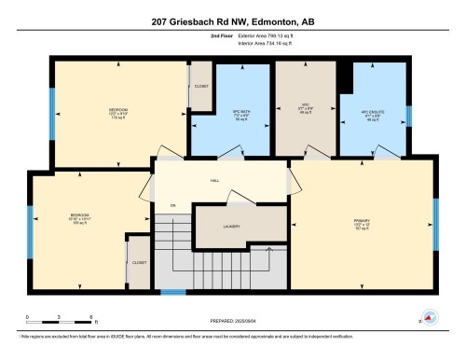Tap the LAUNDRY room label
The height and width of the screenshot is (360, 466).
(232, 226)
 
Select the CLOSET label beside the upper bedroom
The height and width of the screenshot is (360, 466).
(201, 86)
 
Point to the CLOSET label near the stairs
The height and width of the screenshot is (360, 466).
(139, 263)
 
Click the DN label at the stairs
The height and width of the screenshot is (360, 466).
(172, 205)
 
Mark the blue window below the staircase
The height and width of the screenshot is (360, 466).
(172, 293)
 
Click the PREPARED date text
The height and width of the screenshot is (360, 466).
(232, 320)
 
